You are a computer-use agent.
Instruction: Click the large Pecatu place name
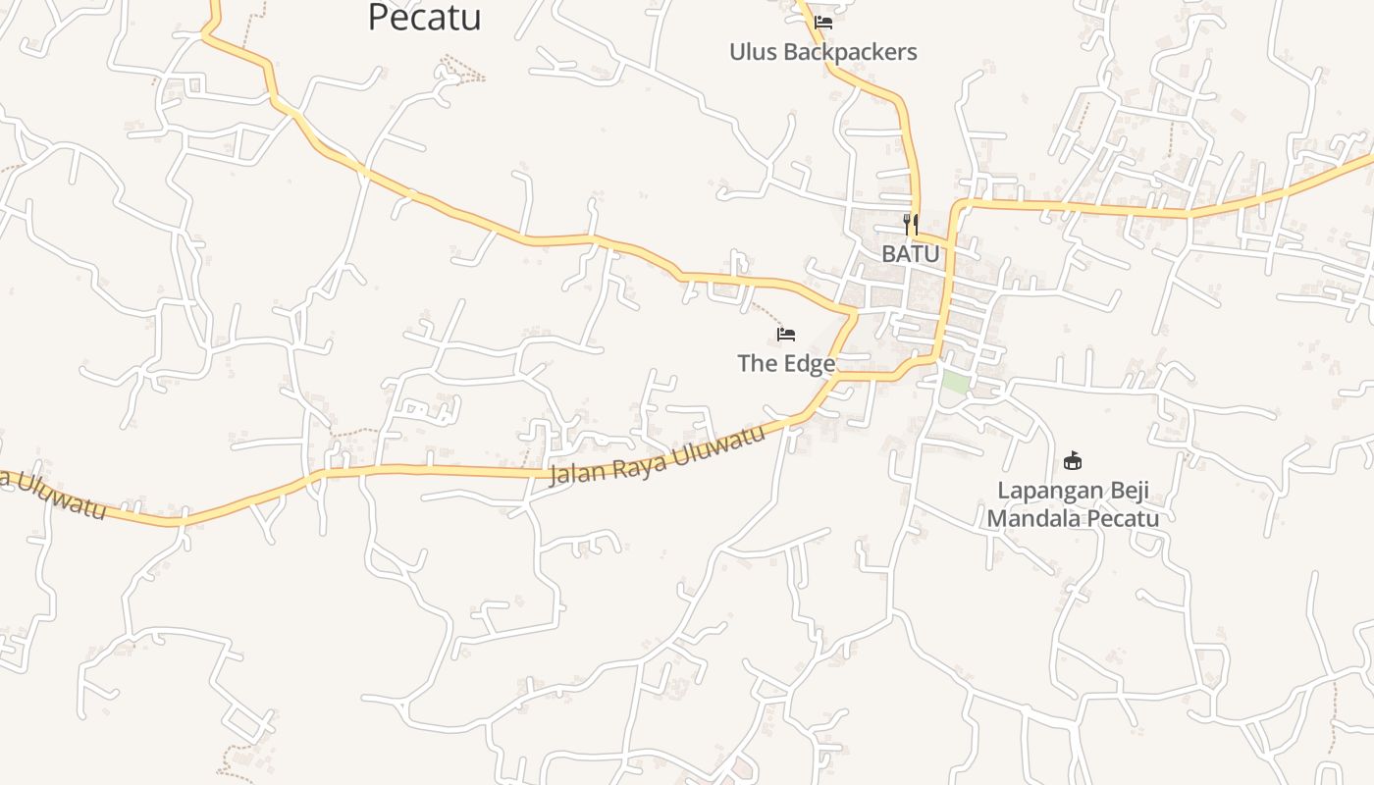click(424, 17)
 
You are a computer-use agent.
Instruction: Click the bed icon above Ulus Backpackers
click(823, 23)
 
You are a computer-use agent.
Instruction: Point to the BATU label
click(910, 254)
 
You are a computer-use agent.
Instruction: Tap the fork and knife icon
click(911, 224)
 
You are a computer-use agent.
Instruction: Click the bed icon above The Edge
click(786, 335)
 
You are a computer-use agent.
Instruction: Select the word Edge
click(810, 364)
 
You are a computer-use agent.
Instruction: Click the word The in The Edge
click(758, 364)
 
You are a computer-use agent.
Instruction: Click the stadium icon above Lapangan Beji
click(1073, 460)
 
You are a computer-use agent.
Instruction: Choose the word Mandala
click(1030, 518)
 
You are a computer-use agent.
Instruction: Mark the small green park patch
click(955, 383)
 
